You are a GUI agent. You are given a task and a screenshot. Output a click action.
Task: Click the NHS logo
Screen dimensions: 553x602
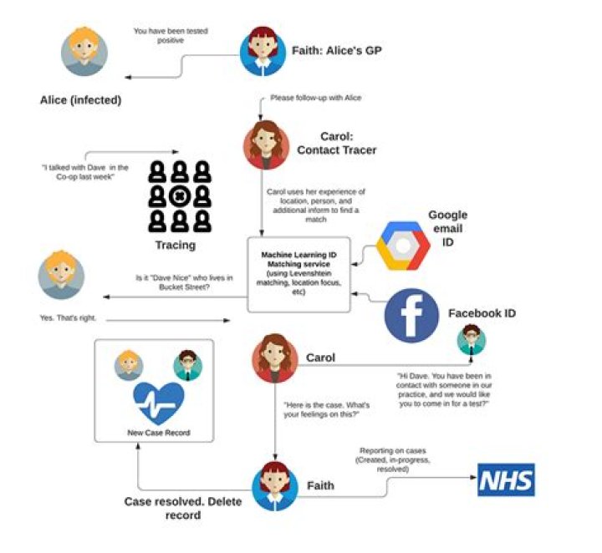505,480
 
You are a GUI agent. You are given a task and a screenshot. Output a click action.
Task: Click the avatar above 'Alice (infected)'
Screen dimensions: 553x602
84,52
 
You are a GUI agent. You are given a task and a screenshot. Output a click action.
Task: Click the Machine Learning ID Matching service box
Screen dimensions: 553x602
299,273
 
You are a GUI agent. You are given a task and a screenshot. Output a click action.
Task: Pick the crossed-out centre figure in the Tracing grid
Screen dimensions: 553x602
180,197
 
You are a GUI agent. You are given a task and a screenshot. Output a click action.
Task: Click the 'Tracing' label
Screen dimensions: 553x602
176,245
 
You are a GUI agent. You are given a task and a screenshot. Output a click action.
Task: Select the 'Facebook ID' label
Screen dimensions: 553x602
482,313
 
